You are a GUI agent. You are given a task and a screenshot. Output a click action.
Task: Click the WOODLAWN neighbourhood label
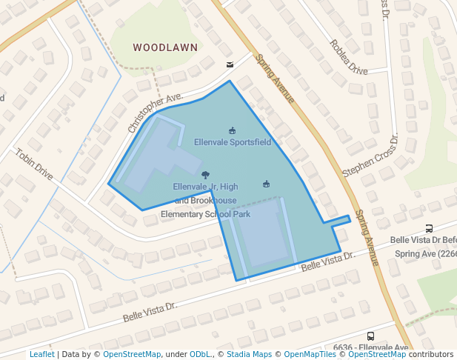coord(165,47)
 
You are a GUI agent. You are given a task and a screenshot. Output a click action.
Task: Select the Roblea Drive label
coord(349,57)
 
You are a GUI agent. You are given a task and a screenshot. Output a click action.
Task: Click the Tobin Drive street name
coord(34,164)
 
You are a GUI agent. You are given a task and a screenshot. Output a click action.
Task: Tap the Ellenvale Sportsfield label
coord(233,141)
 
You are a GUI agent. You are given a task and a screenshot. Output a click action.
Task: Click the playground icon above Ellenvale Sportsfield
coord(233,130)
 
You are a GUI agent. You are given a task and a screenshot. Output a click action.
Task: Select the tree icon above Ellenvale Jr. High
coord(205,176)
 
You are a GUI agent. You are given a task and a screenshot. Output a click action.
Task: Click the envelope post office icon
coord(230,64)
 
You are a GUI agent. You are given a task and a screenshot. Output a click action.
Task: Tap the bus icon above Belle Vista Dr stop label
coord(430,228)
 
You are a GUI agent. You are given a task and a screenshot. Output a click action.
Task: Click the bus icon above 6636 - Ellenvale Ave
coord(370,336)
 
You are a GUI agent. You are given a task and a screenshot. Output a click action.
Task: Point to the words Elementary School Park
coord(206,214)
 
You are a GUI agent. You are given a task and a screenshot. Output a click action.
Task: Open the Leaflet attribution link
coord(41,354)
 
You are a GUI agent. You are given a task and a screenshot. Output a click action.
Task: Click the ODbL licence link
coord(199,354)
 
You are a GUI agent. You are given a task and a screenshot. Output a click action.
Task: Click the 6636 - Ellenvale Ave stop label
coord(370,347)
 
